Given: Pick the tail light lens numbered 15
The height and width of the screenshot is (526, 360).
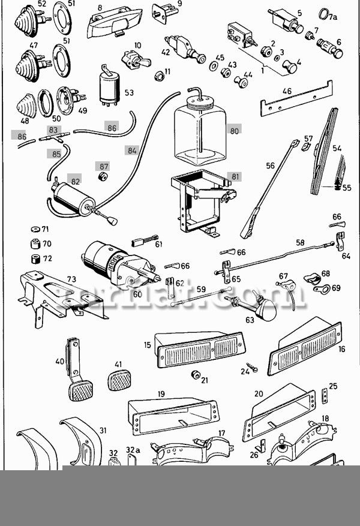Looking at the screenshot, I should (x=200, y=350).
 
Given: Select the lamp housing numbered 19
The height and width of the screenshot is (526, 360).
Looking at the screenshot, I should (x=172, y=414).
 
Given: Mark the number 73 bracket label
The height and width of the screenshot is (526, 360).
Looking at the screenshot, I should (x=71, y=279).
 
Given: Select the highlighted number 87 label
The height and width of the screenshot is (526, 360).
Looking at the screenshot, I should (x=104, y=166).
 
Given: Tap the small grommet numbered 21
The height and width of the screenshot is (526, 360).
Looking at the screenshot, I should (x=195, y=375).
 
